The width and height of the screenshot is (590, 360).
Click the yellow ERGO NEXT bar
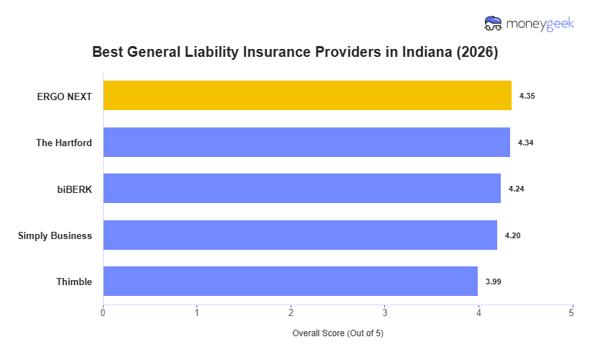click(x=307, y=96)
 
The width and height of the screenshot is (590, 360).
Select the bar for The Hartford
click(x=307, y=143)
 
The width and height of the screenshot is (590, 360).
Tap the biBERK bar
click(x=301, y=189)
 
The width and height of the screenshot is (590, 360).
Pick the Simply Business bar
click(x=300, y=235)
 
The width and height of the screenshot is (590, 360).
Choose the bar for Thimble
click(x=290, y=282)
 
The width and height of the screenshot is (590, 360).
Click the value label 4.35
click(x=527, y=96)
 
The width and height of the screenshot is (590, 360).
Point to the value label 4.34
click(x=525, y=143)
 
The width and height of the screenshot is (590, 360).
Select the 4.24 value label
click(x=516, y=189)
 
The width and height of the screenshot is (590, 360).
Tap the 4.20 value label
click(x=512, y=235)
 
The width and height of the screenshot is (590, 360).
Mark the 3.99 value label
click(x=493, y=282)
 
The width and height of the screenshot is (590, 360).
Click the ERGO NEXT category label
click(x=65, y=96)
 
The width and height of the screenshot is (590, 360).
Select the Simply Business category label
click(x=55, y=235)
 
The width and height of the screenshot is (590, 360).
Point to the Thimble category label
click(x=74, y=282)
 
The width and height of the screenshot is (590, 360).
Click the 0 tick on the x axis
click(x=103, y=312)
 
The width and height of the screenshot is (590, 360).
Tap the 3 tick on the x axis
click(x=384, y=312)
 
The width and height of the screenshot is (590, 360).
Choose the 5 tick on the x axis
click(x=571, y=312)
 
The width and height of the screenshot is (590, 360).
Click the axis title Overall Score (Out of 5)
click(x=337, y=333)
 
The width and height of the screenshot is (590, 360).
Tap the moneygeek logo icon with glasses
click(x=494, y=24)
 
